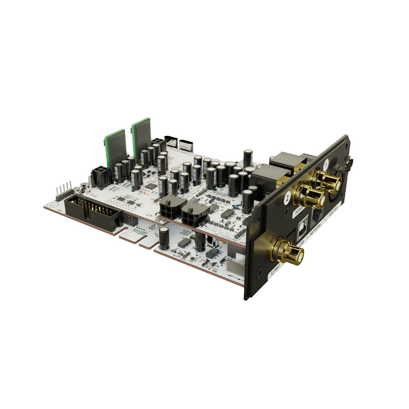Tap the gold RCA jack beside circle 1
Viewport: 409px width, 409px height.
(329, 181)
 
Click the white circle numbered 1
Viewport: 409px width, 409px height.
(326, 164)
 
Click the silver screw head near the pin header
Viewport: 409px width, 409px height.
(82, 189)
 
